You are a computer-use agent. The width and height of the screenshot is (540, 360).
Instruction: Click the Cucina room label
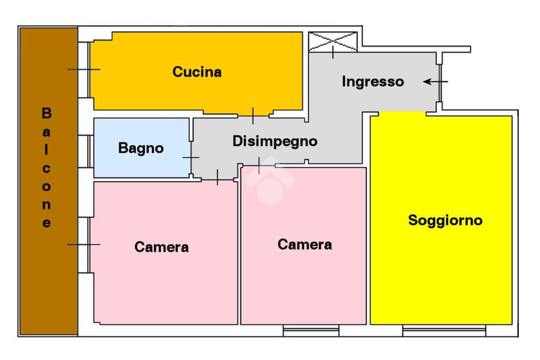(197, 72)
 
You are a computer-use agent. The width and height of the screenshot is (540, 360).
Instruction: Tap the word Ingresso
(373, 82)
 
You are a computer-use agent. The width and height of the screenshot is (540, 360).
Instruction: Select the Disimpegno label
(275, 141)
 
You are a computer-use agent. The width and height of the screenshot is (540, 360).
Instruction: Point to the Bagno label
(141, 149)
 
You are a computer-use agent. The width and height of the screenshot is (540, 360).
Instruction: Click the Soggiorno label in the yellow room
(445, 220)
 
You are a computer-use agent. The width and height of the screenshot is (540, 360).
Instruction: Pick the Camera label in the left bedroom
(161, 247)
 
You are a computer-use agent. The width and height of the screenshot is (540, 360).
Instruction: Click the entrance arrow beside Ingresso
(435, 82)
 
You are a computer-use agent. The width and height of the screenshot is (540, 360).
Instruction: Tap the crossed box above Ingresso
(333, 42)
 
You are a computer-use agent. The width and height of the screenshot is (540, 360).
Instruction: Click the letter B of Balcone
(46, 113)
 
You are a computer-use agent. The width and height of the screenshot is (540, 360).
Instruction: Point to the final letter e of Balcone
(46, 223)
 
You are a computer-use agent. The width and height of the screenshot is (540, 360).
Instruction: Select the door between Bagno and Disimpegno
(191, 158)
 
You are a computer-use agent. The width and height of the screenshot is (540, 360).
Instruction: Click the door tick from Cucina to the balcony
(84, 69)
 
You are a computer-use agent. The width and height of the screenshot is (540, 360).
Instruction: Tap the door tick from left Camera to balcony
(84, 244)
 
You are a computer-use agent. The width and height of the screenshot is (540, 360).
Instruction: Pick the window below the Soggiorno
(443, 330)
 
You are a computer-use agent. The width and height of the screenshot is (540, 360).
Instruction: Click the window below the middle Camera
(311, 330)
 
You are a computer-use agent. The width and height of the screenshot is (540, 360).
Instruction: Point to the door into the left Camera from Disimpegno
(218, 178)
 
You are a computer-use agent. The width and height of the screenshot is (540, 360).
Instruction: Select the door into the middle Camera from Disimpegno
(259, 165)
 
